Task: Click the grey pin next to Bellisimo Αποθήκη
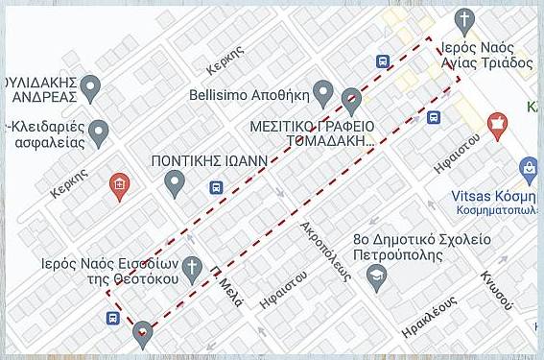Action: [x=323, y=94]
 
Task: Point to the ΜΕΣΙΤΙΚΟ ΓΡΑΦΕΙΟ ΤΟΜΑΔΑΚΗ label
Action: [x=311, y=134]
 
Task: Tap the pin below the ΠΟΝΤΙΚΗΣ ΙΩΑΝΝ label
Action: [x=175, y=180]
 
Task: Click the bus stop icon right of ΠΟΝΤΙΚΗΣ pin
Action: [x=214, y=187]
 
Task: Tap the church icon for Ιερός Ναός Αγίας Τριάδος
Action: [x=464, y=19]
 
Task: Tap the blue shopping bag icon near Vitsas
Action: [x=528, y=170]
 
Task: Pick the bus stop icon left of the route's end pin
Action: [x=113, y=318]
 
